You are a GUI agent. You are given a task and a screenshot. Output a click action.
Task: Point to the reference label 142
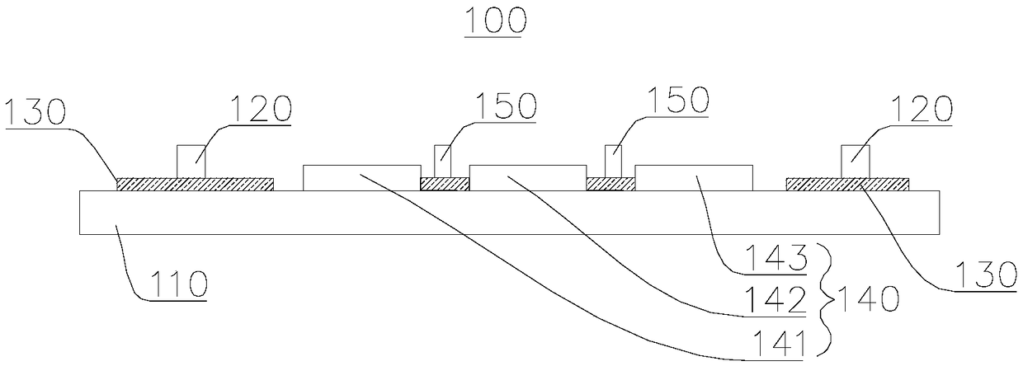780,301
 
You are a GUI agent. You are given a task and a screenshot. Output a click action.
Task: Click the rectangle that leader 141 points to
361,177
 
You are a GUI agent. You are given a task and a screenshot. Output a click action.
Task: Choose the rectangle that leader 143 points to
693,177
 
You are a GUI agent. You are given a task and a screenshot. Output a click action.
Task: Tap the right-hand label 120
918,110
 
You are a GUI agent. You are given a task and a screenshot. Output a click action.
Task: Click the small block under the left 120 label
191,161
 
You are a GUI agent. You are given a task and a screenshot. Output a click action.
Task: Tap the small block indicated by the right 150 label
612,162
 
